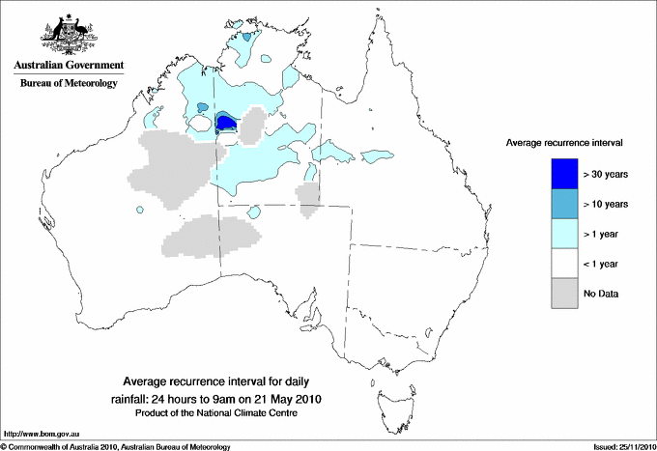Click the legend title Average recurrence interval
point(564,142)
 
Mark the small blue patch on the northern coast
point(249,37)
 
